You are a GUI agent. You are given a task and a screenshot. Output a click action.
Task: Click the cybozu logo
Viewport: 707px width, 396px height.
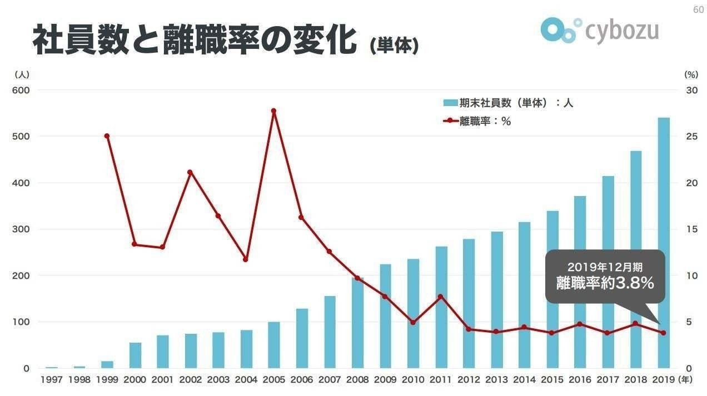click(599, 30)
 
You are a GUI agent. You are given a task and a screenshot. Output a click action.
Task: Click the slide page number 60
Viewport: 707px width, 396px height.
click(698, 9)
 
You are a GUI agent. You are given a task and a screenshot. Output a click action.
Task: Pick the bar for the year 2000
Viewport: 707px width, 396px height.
click(135, 355)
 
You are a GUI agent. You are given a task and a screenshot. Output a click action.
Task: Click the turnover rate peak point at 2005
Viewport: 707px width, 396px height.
click(273, 111)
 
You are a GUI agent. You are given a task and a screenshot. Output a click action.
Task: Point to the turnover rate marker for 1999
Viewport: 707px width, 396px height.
click(107, 136)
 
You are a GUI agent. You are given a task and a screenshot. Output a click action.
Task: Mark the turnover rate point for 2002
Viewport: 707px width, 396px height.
click(190, 172)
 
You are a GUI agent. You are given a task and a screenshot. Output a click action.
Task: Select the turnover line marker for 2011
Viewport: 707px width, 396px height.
click(440, 297)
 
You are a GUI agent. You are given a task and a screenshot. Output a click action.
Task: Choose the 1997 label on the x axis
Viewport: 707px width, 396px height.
click(51, 380)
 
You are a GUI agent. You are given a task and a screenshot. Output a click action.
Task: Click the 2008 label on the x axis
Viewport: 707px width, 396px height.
click(357, 380)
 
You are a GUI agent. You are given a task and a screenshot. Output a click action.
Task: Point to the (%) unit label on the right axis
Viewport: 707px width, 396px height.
click(690, 74)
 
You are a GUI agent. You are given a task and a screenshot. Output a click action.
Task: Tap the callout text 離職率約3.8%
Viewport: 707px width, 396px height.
click(605, 283)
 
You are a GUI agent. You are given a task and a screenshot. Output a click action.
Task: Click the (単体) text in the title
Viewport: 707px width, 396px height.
click(394, 46)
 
